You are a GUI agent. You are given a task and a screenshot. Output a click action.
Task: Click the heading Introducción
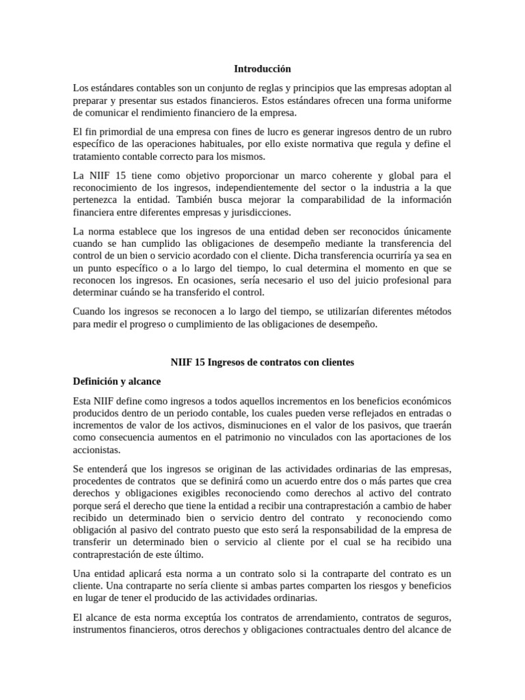pos(262,69)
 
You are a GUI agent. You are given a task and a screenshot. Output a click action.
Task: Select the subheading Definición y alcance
pos(117,381)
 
